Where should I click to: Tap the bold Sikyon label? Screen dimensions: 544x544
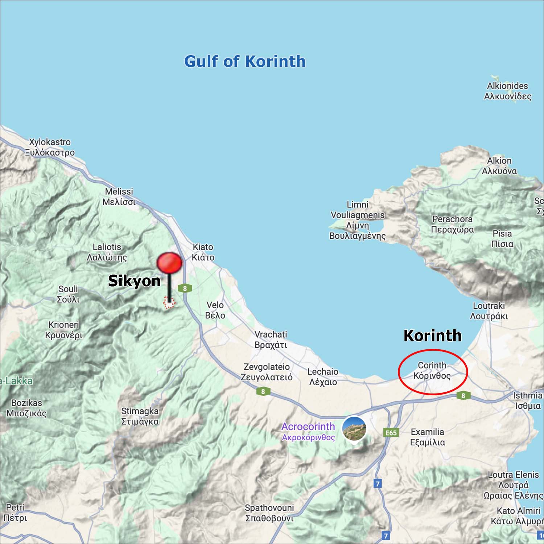[134, 281]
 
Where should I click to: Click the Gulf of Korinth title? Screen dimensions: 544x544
[245, 61]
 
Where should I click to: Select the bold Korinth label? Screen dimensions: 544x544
[432, 335]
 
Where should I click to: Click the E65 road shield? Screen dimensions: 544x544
[391, 432]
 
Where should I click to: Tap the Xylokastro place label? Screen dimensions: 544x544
[50, 147]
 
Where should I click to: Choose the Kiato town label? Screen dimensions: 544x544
[203, 252]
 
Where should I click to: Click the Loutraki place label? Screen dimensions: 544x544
[489, 311]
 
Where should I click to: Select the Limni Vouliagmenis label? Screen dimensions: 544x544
[357, 220]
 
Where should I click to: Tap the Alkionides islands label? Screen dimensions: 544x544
[507, 91]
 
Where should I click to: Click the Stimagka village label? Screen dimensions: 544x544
[140, 416]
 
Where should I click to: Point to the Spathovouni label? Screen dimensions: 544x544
[269, 513]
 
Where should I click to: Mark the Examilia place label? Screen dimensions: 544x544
[427, 437]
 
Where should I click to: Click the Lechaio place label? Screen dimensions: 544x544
[323, 377]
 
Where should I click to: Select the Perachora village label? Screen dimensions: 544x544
[452, 224]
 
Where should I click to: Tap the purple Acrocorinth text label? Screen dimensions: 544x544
[308, 431]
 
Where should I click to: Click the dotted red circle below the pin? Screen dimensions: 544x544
[169, 302]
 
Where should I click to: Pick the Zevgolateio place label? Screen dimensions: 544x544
[267, 372]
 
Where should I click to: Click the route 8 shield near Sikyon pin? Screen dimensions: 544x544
[185, 288]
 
